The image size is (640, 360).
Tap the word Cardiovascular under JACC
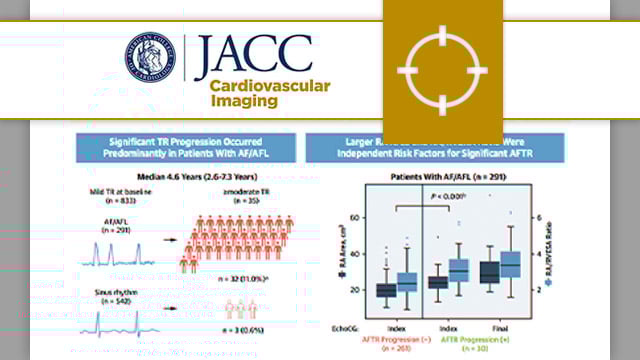(270, 86)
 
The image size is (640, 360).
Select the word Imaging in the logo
(241, 102)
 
